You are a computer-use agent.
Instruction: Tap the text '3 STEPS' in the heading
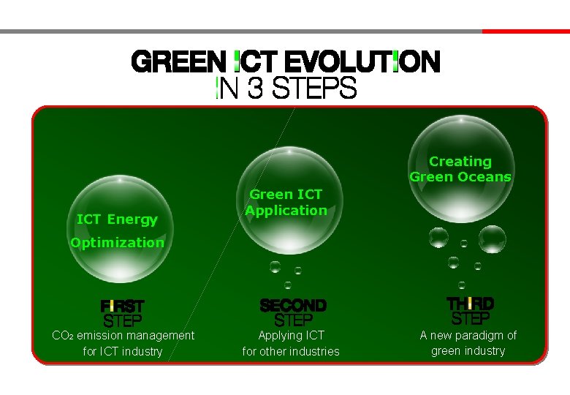point(301,89)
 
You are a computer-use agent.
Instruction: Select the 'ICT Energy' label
point(117,219)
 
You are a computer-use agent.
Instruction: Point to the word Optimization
point(117,242)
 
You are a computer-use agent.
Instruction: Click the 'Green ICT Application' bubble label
point(286,203)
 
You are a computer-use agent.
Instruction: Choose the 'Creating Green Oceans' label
point(460,169)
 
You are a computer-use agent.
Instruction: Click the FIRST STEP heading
point(122,312)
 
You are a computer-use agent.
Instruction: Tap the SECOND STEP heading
point(293,312)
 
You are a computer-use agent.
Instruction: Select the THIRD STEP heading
point(470,311)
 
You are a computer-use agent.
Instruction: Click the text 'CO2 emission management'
point(123,336)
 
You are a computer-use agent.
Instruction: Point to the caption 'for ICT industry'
point(123,352)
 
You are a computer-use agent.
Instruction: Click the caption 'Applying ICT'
point(291,336)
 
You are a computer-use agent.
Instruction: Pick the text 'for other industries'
point(291,352)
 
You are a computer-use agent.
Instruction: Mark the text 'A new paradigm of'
point(468,336)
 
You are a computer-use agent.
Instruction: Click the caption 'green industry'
point(468,351)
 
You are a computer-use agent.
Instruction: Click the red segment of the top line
point(525,31)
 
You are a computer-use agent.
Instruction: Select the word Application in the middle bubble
point(286,211)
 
